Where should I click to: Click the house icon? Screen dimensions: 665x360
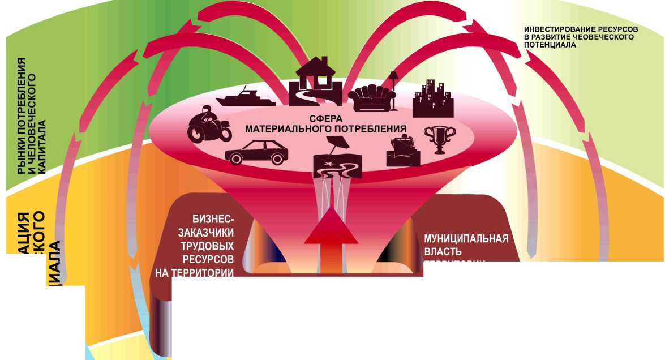click(316, 82)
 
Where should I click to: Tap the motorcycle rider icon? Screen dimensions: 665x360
click(209, 125)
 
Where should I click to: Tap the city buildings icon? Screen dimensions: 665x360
click(433, 100)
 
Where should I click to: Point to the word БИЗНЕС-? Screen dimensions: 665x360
click(213, 220)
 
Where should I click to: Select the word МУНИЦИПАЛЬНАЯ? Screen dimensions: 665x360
click(466, 238)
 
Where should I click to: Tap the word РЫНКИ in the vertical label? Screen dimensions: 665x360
click(22, 159)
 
